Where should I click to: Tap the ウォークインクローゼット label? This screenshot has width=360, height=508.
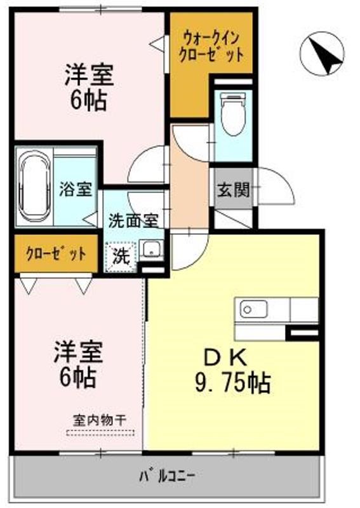point(210,45)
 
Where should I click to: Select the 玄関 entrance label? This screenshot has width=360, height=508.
point(233,190)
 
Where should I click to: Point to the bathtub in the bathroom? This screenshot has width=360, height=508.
point(36,187)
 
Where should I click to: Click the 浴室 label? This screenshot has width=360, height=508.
point(76,189)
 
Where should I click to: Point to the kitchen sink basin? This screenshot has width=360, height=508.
point(253,310)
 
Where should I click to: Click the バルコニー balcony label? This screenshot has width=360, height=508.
point(168,475)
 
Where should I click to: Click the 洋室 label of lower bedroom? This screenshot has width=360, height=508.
point(79,352)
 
